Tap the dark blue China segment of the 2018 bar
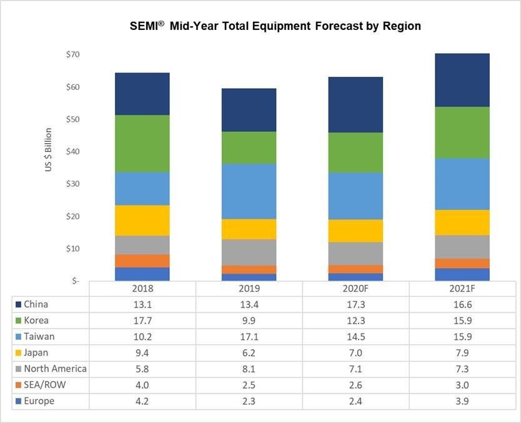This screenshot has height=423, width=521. [142, 94]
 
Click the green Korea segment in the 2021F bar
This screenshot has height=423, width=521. [462, 132]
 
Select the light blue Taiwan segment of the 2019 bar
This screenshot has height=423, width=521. [249, 191]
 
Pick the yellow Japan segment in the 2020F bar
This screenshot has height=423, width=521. [355, 231]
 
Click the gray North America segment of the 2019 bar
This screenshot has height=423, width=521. [249, 252]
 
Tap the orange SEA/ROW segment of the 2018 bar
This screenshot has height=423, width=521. [142, 261]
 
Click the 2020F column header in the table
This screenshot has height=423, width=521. [355, 289]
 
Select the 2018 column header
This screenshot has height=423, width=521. [142, 289]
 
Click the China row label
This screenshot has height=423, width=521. [35, 305]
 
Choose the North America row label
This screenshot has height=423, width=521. [54, 369]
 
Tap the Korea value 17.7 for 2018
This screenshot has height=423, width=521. [142, 321]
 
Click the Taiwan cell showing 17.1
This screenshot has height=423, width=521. [249, 337]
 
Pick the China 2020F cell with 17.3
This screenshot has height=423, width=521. [355, 305]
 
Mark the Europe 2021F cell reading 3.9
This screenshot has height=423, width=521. [462, 401]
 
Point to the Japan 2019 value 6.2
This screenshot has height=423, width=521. [249, 353]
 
